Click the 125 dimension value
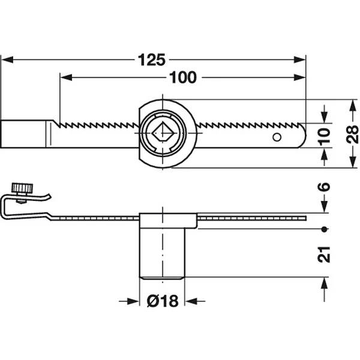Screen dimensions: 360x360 151,60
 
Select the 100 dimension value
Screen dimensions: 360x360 183,77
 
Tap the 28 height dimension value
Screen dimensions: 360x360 352,134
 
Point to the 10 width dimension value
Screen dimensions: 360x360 325,137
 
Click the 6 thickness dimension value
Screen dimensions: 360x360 324,187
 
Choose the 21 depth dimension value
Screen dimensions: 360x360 324,254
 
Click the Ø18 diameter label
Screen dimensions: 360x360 163,301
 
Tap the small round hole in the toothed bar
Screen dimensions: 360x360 277,137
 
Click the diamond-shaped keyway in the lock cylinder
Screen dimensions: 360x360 163,133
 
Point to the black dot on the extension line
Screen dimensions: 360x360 324,229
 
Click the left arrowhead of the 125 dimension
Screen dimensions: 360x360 7,60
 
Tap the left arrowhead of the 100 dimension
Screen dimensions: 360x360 66,77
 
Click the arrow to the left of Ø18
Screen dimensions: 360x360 129,301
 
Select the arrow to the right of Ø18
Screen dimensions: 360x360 195,301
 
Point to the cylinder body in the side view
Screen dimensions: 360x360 163,253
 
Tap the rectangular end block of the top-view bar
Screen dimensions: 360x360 23,134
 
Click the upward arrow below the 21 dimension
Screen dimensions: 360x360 324,289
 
